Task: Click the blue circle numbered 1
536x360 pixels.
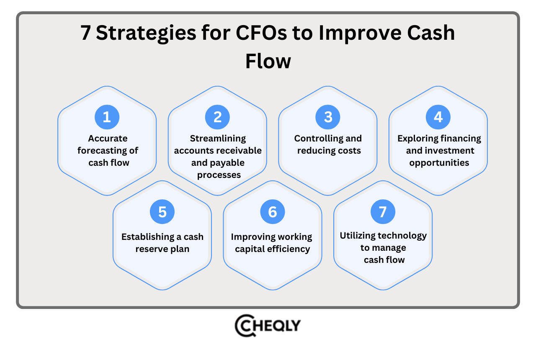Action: pos(107,117)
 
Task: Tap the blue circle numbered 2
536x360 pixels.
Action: pos(217,117)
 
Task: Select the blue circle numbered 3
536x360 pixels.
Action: pos(328,117)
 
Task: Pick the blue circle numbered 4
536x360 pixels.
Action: pos(438,117)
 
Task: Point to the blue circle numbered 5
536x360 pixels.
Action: pos(162,212)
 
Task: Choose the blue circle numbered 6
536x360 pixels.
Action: pos(273,212)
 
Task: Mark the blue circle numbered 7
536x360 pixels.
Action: pos(383,212)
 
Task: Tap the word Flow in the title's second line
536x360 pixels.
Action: pos(268,61)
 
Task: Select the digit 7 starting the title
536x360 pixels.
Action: pos(86,33)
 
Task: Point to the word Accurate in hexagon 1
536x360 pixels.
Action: pos(108,139)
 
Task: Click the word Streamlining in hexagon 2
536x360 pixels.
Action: pos(218,139)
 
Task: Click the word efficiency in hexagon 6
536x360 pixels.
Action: pos(289,249)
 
